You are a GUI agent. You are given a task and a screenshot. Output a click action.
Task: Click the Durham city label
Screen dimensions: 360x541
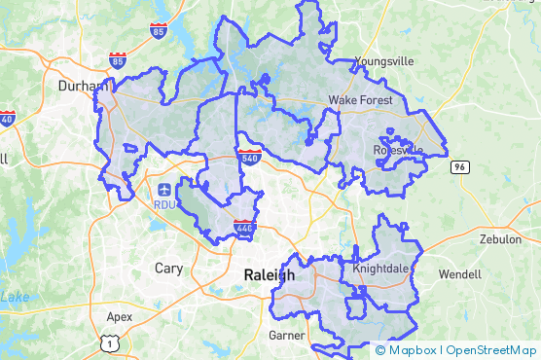[83, 86]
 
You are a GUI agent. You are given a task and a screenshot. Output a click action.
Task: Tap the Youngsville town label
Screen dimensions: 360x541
[384, 61]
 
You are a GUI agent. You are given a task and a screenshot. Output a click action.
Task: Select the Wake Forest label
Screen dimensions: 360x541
[360, 100]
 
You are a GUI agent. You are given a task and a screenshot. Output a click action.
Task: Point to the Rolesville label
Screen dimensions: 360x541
[398, 149]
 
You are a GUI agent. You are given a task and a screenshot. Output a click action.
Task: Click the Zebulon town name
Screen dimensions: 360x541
[500, 239]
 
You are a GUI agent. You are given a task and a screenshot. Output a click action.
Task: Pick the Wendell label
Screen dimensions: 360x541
[460, 273]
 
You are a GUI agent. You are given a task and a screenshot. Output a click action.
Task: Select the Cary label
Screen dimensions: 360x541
[168, 267]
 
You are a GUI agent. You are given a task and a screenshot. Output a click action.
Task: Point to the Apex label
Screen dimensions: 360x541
[119, 316]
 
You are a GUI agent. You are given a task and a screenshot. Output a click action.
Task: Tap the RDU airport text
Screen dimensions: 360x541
[163, 204]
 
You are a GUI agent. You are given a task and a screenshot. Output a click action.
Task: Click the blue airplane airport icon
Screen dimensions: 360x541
[163, 188]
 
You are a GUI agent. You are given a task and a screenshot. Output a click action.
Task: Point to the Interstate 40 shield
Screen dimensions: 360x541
[8, 119]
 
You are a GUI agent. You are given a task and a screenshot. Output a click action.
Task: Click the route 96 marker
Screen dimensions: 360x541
[458, 167]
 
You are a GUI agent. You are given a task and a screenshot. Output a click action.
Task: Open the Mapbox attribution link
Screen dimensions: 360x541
[411, 350]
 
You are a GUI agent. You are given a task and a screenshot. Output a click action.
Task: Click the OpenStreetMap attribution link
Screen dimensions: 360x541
[491, 350]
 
